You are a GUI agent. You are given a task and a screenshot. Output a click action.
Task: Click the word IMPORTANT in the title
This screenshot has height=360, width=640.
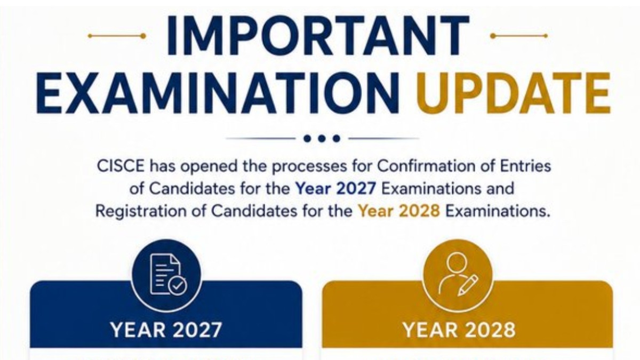(x=318, y=35)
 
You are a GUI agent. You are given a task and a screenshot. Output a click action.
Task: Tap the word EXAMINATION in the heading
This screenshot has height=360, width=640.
(x=218, y=93)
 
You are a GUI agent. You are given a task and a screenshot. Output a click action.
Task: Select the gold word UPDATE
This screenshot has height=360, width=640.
(x=513, y=93)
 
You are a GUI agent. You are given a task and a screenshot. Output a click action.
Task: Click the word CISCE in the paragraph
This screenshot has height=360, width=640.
(x=121, y=166)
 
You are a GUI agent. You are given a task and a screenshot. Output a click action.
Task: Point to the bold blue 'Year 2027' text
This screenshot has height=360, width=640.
(x=335, y=189)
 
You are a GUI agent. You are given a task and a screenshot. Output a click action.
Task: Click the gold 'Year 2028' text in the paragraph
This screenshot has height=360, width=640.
(x=399, y=211)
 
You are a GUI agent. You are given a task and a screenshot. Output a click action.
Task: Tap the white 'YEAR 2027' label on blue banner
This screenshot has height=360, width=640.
(x=166, y=330)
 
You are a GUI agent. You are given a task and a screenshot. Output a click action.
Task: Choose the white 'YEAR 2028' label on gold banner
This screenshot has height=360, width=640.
(x=459, y=330)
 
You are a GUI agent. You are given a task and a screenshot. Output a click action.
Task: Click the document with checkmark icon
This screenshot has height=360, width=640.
(x=169, y=275)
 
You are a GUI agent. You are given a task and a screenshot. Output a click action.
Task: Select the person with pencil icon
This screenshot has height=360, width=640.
(x=458, y=274)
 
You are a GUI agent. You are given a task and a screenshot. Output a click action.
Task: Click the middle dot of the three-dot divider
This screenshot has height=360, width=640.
(x=322, y=139)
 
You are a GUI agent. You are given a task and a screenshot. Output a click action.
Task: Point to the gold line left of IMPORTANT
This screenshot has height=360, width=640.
(x=117, y=36)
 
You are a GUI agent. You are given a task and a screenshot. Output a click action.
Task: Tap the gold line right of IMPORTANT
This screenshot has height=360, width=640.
(x=519, y=36)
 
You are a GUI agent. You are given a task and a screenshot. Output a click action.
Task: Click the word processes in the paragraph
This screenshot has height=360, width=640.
(x=309, y=167)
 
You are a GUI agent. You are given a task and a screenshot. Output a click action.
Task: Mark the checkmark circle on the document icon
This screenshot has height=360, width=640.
(x=178, y=285)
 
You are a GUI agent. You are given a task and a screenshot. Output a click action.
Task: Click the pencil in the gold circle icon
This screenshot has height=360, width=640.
(x=468, y=285)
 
